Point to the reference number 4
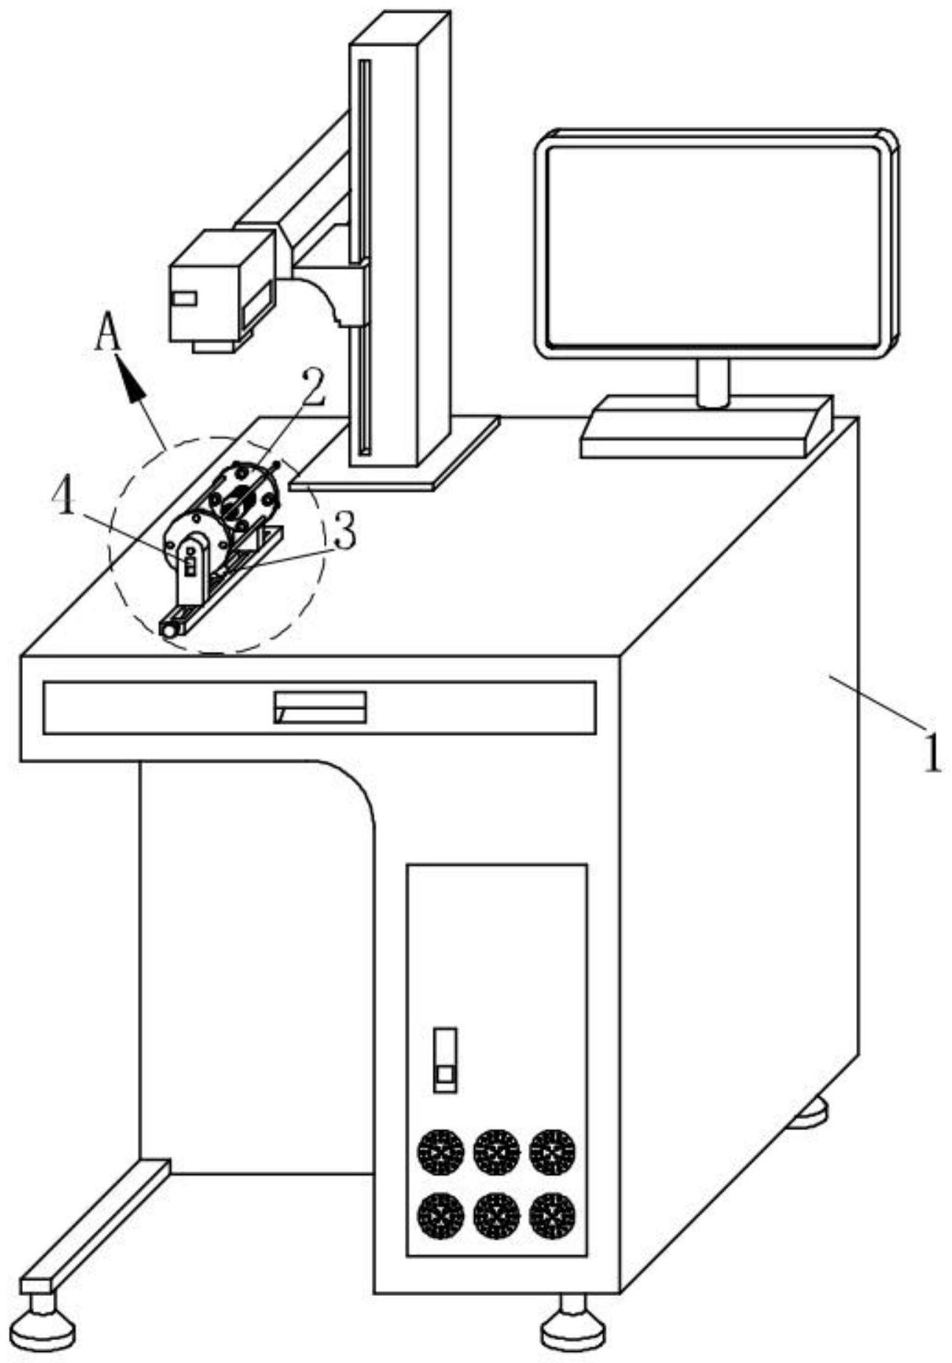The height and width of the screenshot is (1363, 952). tap(63, 500)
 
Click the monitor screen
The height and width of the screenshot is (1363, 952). tap(714, 245)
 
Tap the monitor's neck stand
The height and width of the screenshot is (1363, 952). tap(713, 383)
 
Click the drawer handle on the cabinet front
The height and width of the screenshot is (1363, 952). tap(320, 707)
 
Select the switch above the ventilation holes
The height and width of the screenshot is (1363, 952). tap(445, 1059)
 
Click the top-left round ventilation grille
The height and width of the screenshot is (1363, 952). tap(440, 1152)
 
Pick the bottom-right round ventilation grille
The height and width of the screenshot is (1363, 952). tap(553, 1216)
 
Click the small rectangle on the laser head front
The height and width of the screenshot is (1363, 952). tap(183, 298)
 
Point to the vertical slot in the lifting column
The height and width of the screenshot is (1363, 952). tap(365, 258)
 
